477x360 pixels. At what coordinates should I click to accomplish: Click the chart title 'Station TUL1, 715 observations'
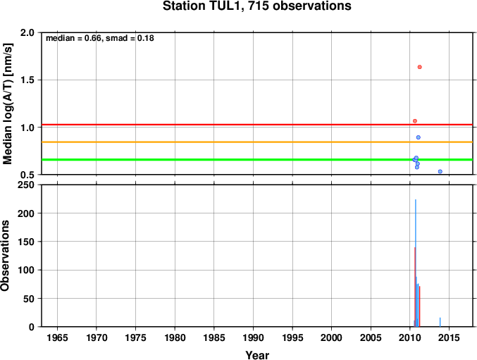pos(256,6)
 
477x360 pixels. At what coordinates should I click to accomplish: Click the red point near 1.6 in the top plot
pos(419,67)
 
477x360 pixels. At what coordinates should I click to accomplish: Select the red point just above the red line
pos(415,121)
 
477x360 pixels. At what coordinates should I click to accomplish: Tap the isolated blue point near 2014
pos(440,171)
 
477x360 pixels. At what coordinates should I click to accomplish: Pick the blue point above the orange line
pos(419,137)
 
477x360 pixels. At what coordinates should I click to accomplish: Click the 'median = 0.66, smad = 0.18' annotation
pos(100,38)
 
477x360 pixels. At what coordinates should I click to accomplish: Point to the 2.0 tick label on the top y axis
pos(27,32)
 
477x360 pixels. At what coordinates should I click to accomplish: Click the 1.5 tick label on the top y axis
pos(27,80)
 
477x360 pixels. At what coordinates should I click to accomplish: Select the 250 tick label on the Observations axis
pos(26,185)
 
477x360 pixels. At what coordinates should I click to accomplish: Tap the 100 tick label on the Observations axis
pos(26,270)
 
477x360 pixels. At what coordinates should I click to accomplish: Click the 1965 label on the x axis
pos(57,337)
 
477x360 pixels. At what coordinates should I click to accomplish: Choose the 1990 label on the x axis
pos(253,337)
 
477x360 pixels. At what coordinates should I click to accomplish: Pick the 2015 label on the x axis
pos(449,337)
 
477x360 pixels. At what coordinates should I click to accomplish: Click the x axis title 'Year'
pos(257,355)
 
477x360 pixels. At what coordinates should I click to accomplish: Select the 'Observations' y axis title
pos(5,256)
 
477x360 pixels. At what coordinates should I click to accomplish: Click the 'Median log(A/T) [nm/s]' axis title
pos(7,104)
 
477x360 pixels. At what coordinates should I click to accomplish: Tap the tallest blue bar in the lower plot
pos(416,263)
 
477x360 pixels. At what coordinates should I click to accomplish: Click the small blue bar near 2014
pos(440,322)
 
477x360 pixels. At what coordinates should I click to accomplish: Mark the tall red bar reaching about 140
pos(414,287)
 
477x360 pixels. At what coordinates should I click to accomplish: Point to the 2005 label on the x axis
pos(371,337)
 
